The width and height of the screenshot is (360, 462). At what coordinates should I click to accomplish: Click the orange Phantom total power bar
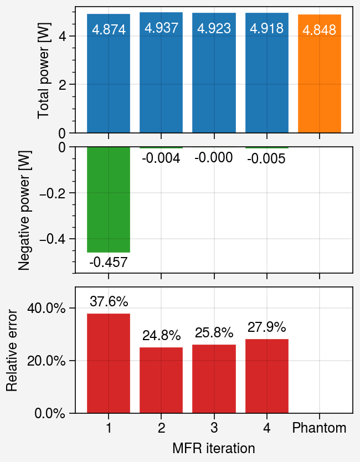click(320, 73)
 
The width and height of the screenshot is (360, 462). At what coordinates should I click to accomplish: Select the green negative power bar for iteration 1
click(109, 199)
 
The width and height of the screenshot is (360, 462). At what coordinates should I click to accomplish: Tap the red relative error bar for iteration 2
click(161, 380)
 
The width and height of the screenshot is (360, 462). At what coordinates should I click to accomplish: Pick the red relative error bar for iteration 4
click(267, 376)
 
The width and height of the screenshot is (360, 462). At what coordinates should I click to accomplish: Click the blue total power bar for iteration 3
click(214, 73)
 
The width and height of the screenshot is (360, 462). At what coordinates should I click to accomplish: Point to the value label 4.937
click(161, 28)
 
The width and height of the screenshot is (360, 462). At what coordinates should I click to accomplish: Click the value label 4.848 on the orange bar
click(320, 30)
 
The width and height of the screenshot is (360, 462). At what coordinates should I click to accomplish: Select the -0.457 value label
click(109, 262)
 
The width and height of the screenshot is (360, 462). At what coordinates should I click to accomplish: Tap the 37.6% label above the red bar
click(109, 301)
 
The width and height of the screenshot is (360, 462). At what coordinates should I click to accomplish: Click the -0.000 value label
click(214, 158)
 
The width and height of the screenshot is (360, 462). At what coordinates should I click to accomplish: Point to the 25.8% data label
click(214, 333)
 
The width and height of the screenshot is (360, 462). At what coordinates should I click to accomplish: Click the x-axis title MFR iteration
click(214, 448)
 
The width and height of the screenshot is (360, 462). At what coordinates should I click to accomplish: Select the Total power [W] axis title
click(43, 71)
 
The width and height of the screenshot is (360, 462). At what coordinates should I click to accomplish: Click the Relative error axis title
click(12, 350)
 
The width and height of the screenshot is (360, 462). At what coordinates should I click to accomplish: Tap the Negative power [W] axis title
click(24, 211)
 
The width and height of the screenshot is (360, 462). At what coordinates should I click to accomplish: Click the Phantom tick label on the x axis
click(320, 428)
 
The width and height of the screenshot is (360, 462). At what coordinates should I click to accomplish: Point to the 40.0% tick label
click(47, 308)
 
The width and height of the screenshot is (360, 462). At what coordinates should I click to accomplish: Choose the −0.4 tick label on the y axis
click(53, 239)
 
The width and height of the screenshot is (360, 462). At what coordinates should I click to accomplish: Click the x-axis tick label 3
click(214, 428)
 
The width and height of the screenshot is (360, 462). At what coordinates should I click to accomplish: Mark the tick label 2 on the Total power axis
click(62, 85)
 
